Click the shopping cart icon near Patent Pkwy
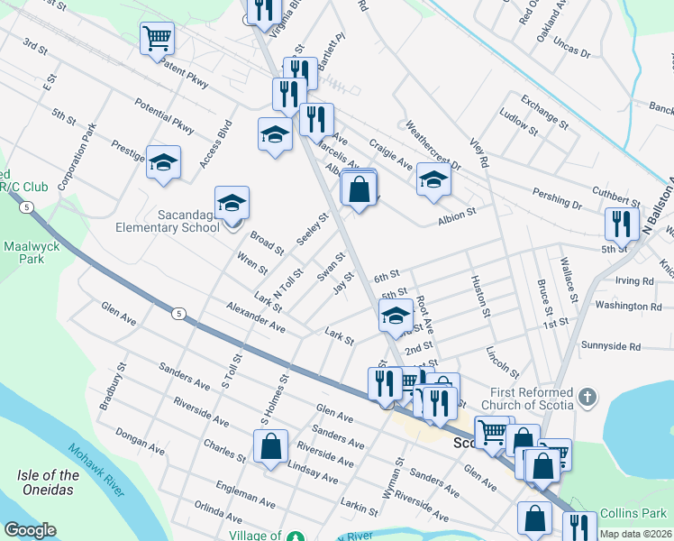[x=157, y=38]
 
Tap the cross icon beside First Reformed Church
[x=587, y=395]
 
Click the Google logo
[x=30, y=530]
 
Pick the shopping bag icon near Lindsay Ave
[x=270, y=446]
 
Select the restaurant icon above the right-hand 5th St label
[x=622, y=222]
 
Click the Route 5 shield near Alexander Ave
[x=178, y=313]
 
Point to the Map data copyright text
[x=635, y=534]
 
